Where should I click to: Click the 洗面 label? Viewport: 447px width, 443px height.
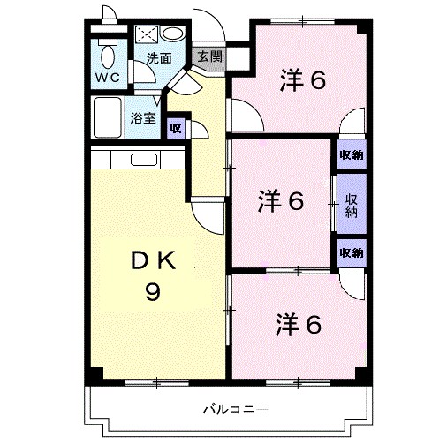(159, 60)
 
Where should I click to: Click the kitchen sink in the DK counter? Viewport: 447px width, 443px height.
(142, 161)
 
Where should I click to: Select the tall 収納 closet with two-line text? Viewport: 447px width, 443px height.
(352, 205)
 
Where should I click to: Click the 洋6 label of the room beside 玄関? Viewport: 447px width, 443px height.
(303, 79)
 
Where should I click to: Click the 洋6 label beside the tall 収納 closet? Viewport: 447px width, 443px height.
(281, 201)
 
